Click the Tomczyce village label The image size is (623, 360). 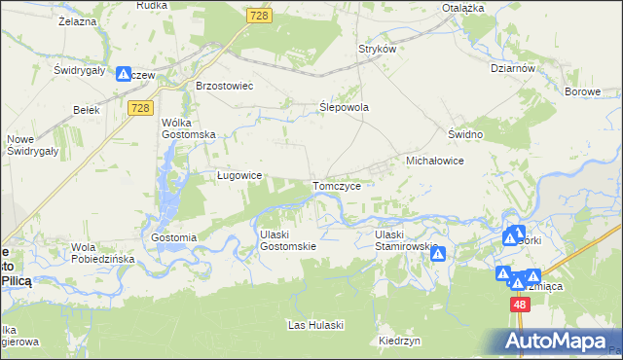tap(338, 185)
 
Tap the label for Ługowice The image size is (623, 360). tap(238, 176)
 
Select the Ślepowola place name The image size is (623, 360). tap(345, 108)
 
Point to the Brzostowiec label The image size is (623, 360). tap(224, 86)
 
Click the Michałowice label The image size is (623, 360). tap(433, 160)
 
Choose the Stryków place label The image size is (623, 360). tap(379, 49)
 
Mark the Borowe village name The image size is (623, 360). tap(583, 91)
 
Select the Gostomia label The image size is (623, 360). tap(174, 237)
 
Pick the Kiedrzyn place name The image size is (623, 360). tap(399, 342)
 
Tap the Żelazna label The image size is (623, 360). tap(75, 19)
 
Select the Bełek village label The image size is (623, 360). tap(87, 110)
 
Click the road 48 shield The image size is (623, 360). tap(520, 305)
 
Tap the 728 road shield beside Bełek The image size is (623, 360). tap(138, 108)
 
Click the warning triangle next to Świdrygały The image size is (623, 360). tap(124, 73)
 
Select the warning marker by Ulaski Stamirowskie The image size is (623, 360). tap(438, 254)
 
